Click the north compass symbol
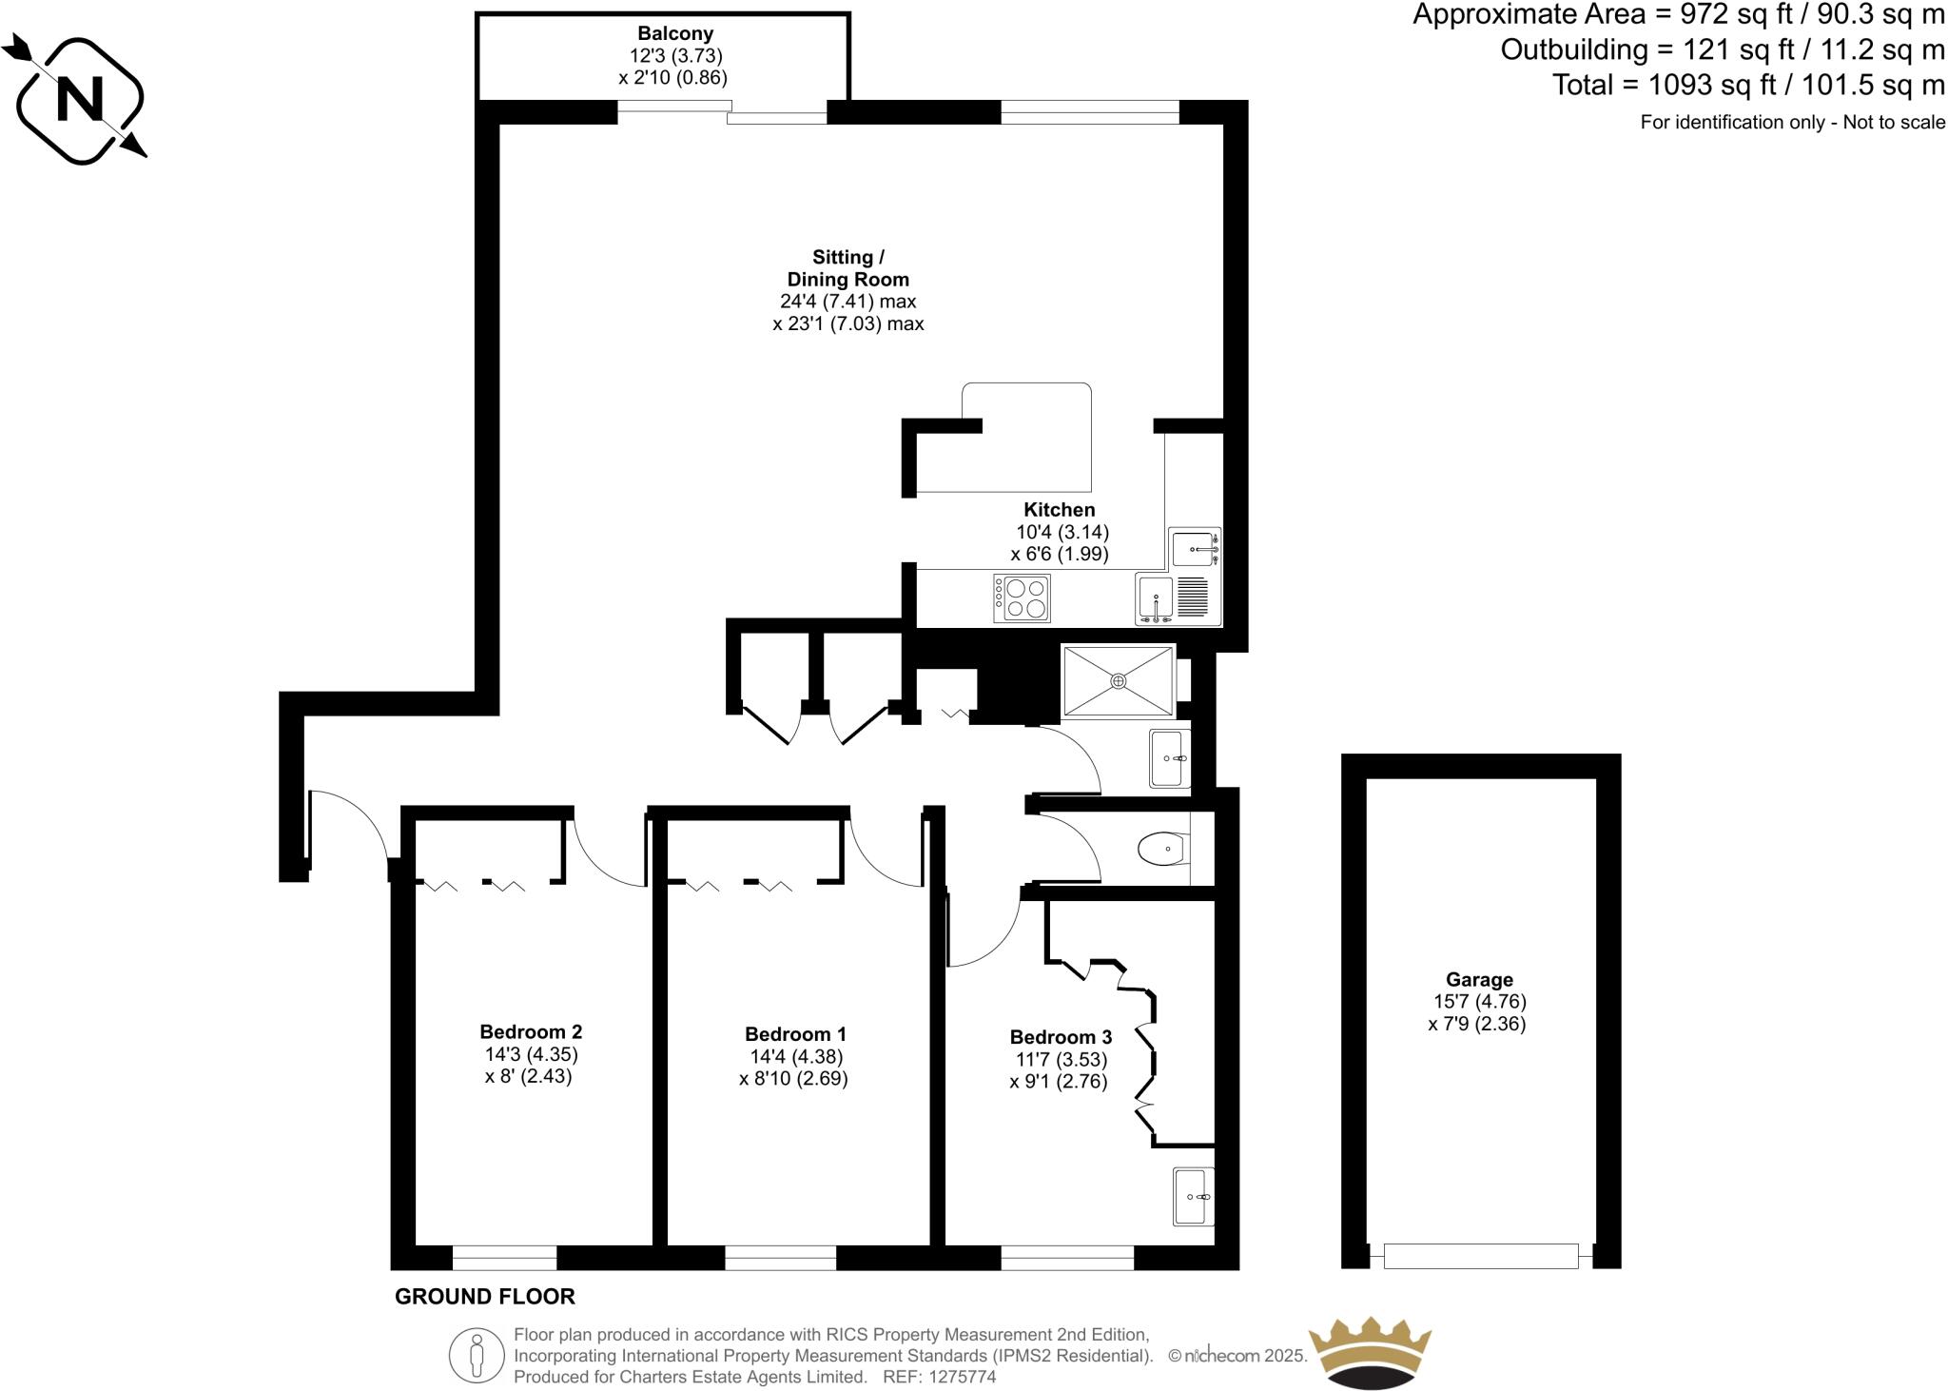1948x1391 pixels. click(80, 99)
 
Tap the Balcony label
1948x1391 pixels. click(675, 34)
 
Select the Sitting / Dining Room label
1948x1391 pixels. click(847, 268)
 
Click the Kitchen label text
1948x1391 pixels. click(1059, 510)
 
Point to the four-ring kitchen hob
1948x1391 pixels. click(1023, 598)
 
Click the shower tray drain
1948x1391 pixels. click(1119, 680)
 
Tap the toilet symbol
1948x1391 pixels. click(1161, 849)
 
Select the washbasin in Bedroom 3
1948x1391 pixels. click(1193, 1197)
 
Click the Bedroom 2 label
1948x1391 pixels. click(531, 1031)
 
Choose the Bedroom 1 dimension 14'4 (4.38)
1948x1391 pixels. click(796, 1056)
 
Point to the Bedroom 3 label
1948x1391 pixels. click(1061, 1037)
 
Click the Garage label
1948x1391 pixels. click(1479, 979)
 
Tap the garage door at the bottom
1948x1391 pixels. click(1480, 1256)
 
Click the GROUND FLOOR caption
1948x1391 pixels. click(485, 1297)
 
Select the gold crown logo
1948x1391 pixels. click(1370, 1351)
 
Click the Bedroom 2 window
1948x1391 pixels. click(504, 1258)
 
